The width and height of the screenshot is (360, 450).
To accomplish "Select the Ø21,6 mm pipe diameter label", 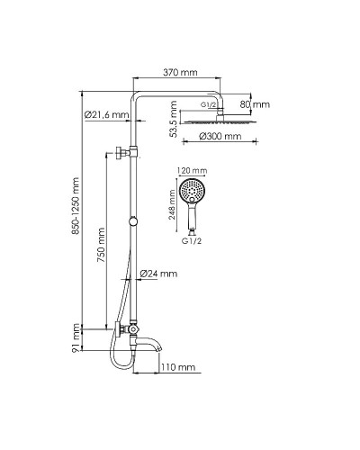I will pos(103,114).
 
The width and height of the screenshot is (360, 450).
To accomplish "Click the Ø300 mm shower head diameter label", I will pos(220,138).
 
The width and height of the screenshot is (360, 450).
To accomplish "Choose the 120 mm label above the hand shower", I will pos(193,171).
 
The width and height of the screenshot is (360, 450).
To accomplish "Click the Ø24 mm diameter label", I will pos(160,273).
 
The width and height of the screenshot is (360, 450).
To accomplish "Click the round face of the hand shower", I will pos(192,191).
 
